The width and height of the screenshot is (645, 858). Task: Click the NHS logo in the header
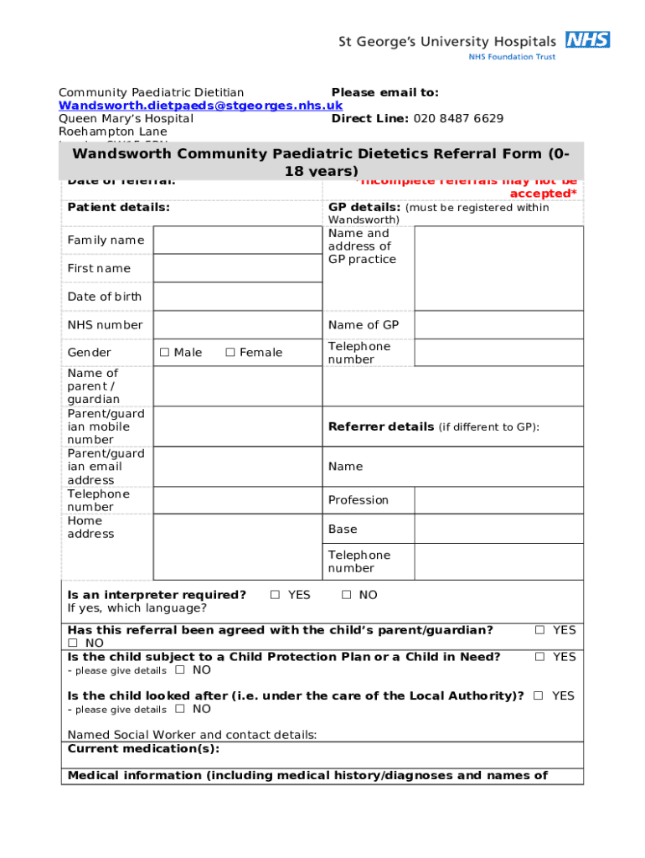(x=587, y=39)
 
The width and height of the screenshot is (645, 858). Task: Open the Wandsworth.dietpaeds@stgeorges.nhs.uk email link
(x=200, y=106)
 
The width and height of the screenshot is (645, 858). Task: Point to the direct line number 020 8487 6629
(x=457, y=118)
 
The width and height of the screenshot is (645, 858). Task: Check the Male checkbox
(x=165, y=353)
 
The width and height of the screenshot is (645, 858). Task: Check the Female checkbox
(x=230, y=353)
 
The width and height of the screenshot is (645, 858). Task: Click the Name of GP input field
(x=498, y=325)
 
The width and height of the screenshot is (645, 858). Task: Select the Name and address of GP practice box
(x=498, y=268)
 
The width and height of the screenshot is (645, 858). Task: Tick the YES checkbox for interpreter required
(x=275, y=595)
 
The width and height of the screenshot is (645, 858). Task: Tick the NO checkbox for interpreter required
(x=347, y=595)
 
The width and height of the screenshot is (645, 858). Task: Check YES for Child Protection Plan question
(x=540, y=657)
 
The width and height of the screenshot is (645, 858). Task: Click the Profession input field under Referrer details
(x=498, y=500)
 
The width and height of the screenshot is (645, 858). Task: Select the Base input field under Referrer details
(x=498, y=529)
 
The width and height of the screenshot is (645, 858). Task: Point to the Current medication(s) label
(x=143, y=748)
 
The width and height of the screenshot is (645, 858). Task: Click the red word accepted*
(x=544, y=194)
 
